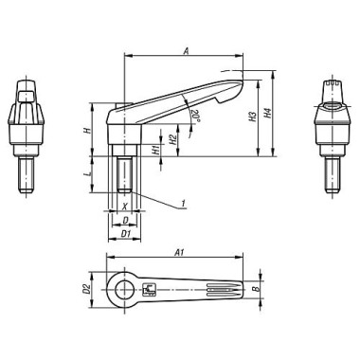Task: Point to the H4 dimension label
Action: (x=269, y=117)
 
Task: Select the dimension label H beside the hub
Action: (x=86, y=134)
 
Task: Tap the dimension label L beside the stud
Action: (x=86, y=176)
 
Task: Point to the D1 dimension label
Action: (x=125, y=231)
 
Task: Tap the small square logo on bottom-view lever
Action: (x=148, y=289)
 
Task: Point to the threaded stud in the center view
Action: (x=124, y=176)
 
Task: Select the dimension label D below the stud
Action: (x=125, y=219)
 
